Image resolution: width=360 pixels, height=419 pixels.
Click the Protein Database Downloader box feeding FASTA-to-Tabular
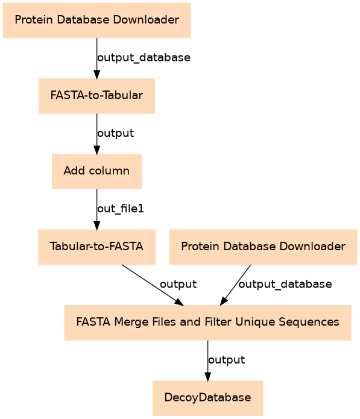click(x=96, y=20)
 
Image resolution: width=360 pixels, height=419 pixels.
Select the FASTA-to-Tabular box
click(x=96, y=96)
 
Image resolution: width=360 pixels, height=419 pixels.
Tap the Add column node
click(x=96, y=171)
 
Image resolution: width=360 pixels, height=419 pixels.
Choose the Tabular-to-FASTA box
click(x=96, y=247)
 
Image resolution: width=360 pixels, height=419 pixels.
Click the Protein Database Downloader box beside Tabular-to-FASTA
click(x=264, y=247)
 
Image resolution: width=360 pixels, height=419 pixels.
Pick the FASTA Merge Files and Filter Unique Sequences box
click(x=207, y=323)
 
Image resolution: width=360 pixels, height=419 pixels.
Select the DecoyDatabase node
click(x=207, y=398)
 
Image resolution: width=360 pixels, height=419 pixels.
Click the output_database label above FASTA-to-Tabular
click(x=144, y=58)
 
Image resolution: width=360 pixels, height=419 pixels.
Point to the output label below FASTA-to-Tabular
click(x=115, y=133)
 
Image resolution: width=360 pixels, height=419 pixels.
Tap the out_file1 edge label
click(x=121, y=209)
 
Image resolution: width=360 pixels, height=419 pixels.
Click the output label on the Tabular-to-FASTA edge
click(x=178, y=285)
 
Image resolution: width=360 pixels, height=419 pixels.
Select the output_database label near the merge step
click(x=285, y=285)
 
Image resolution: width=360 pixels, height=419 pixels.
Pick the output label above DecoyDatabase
click(x=226, y=360)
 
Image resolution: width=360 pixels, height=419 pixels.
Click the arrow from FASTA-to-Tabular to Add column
click(x=96, y=134)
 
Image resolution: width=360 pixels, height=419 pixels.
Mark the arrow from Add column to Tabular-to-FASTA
click(x=96, y=210)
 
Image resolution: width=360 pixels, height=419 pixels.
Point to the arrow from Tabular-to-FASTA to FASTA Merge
click(x=153, y=285)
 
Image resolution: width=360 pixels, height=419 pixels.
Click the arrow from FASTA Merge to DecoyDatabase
click(x=207, y=361)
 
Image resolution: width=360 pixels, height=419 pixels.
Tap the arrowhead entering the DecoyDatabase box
click(x=207, y=377)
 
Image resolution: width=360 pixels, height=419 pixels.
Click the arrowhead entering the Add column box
click(x=96, y=150)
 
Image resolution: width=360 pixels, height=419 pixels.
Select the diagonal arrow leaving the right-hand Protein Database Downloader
click(x=235, y=285)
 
